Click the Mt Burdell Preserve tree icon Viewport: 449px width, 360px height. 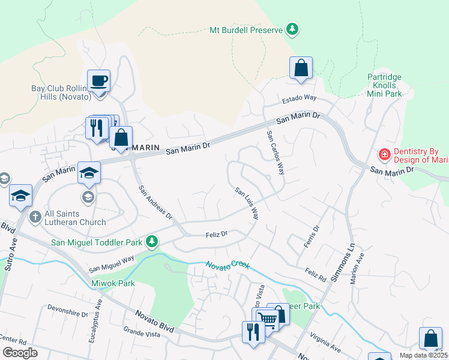point(292,29)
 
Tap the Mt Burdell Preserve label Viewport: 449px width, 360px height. point(246,30)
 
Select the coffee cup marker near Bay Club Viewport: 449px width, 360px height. point(98,80)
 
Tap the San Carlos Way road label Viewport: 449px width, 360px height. point(275,153)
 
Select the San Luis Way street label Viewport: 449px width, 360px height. point(247,203)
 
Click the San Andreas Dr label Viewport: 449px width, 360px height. point(155,202)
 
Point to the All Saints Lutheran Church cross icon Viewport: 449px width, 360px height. point(35,216)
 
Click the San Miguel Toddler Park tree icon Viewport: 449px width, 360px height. point(152,242)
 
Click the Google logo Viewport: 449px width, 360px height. point(20,353)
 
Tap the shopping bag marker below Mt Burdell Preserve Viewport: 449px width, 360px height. point(301,68)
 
